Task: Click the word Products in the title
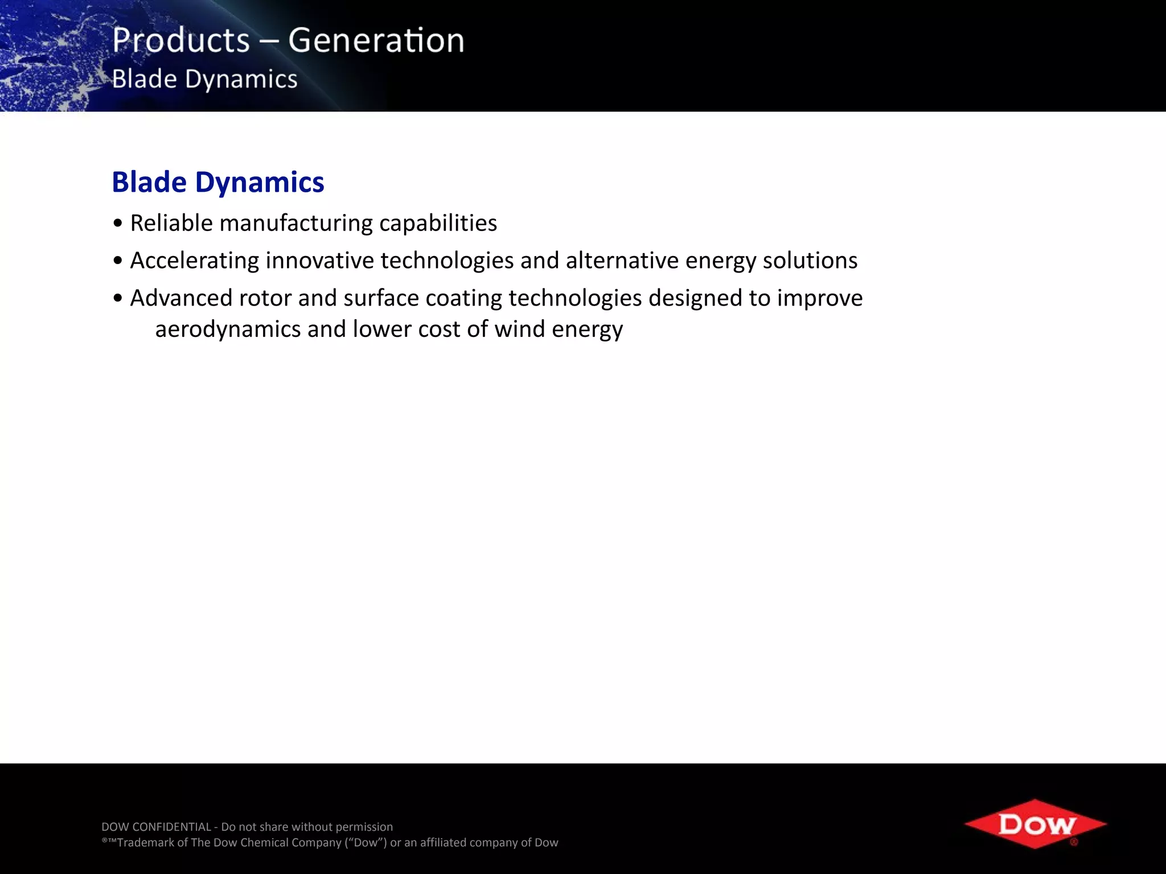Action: pos(180,41)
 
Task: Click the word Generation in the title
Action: pos(376,41)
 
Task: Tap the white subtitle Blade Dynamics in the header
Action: pos(204,79)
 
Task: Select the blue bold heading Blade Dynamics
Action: pos(217,182)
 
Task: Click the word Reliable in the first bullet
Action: pos(171,223)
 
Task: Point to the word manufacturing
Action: pos(296,223)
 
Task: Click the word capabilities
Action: pos(438,223)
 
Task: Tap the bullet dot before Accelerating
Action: pos(118,261)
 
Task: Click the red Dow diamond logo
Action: pos(1036,823)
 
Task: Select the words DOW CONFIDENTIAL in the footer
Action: pos(156,827)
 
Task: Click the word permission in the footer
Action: pos(364,827)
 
